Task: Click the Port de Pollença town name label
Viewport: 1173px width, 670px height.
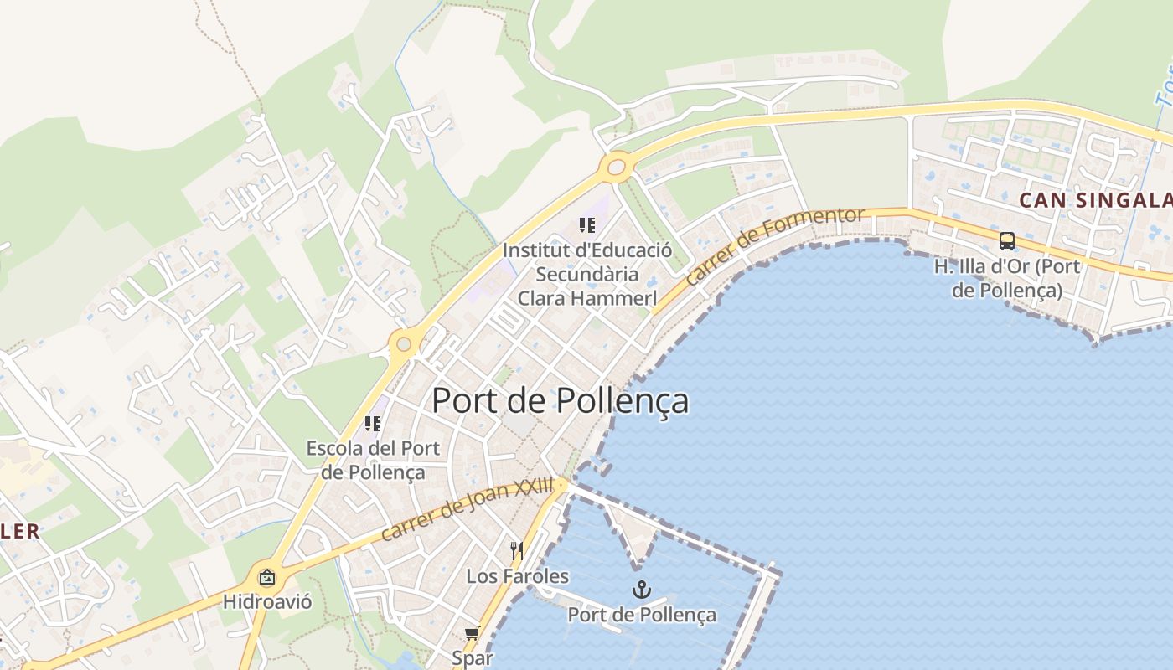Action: [x=560, y=401]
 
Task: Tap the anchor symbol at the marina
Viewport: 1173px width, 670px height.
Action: [x=641, y=590]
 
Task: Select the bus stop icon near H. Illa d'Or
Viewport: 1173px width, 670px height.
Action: [x=1006, y=241]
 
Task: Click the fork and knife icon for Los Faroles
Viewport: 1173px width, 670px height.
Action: [x=516, y=551]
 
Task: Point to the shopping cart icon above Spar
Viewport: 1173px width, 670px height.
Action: [x=472, y=633]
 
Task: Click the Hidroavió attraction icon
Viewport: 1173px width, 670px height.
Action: [x=266, y=577]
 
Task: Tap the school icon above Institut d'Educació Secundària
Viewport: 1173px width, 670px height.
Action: [x=586, y=225]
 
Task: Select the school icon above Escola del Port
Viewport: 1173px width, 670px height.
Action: [x=373, y=424]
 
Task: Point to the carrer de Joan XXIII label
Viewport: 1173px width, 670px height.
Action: [x=467, y=508]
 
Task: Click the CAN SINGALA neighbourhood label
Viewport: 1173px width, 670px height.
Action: [x=1093, y=200]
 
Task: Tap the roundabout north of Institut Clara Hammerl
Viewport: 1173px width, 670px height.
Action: [x=617, y=167]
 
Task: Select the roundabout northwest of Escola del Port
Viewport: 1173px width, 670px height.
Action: [x=404, y=343]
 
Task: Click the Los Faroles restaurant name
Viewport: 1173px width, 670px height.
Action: [x=517, y=576]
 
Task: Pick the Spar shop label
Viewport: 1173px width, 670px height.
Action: [x=473, y=658]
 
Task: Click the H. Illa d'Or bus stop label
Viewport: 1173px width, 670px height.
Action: [x=1006, y=279]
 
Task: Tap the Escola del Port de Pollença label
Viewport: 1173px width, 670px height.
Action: [x=373, y=460]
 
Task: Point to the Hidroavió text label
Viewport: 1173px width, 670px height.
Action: [x=267, y=601]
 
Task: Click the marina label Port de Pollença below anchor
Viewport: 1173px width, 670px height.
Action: [x=642, y=615]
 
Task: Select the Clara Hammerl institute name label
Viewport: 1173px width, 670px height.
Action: [x=586, y=274]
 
